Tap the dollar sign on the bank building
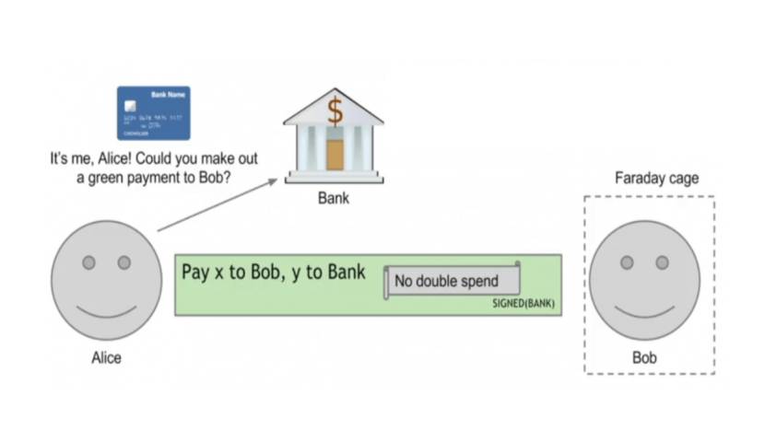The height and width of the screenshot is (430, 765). (x=335, y=111)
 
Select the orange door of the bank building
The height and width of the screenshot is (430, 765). (x=335, y=153)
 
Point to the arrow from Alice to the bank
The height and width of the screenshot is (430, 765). (x=218, y=203)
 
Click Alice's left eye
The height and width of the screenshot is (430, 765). (x=88, y=262)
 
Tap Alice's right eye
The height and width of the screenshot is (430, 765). (x=124, y=262)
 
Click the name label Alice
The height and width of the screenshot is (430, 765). (x=106, y=357)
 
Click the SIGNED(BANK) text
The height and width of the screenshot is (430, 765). (x=524, y=304)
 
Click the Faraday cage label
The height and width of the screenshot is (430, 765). (x=656, y=178)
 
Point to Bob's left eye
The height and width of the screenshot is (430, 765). (x=627, y=262)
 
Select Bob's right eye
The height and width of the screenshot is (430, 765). (x=662, y=262)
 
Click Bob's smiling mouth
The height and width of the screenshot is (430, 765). (x=644, y=306)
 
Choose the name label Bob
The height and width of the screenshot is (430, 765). (x=644, y=357)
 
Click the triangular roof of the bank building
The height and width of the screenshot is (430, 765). (x=335, y=103)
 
